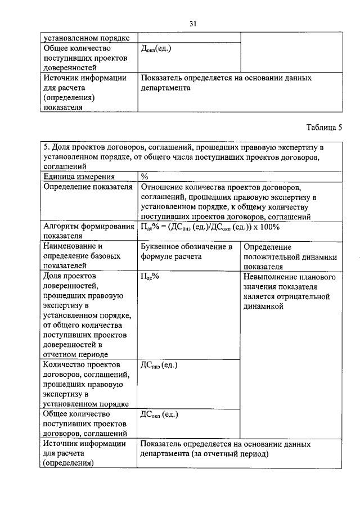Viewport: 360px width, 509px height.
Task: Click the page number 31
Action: click(192, 24)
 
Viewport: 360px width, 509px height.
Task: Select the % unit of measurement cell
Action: click(145, 176)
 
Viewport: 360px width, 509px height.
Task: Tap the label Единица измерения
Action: click(75, 176)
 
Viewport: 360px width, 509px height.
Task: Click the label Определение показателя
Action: click(88, 186)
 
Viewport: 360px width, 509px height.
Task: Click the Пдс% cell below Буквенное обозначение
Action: click(151, 277)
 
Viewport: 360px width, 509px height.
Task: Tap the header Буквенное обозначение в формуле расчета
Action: click(186, 251)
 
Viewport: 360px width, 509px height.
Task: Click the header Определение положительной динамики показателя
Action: click(290, 256)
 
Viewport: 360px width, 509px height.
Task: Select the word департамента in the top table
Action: click(166, 88)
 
